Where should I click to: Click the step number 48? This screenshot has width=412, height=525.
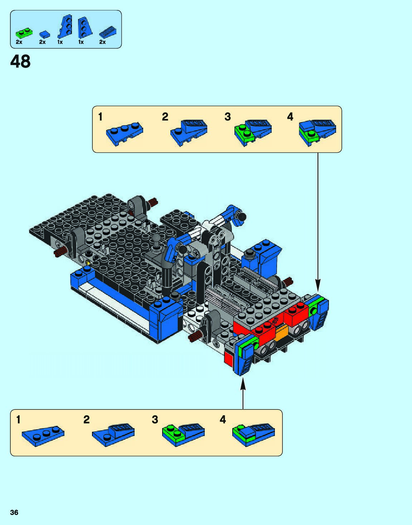pos(20,62)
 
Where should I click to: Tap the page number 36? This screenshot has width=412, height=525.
pos(14,512)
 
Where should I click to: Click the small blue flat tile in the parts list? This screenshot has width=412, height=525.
pos(44,34)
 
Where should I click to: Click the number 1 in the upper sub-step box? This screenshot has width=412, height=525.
pos(100,117)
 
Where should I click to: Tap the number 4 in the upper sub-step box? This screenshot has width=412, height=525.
pos(290,117)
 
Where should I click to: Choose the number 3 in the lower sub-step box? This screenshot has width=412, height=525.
pos(155,419)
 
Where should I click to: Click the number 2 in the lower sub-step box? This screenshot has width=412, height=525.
pos(86,419)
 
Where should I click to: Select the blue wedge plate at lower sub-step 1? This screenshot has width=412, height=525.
pos(43,435)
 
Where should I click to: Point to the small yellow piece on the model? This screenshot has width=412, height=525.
pos(88,263)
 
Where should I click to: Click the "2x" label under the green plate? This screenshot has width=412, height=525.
pos(19,42)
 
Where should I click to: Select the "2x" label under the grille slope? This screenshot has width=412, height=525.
pos(102,42)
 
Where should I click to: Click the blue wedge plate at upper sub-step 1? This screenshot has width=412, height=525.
pos(125,133)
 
